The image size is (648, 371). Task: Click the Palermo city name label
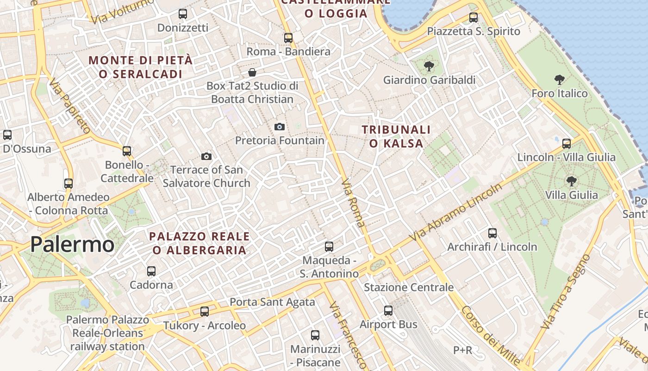(72, 244)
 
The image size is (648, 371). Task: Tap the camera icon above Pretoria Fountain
(280, 127)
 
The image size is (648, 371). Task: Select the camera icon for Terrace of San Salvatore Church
(206, 156)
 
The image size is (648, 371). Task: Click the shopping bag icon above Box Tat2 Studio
(252, 72)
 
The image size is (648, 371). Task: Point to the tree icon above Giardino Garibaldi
(429, 66)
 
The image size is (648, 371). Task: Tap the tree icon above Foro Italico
(559, 80)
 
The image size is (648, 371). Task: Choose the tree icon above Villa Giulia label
(572, 181)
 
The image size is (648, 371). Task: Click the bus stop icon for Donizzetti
(183, 14)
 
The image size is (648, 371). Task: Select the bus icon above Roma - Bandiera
(288, 38)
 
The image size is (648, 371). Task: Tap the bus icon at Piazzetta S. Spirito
(473, 18)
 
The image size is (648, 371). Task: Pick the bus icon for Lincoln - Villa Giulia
(567, 143)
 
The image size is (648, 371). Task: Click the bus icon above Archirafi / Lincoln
(492, 233)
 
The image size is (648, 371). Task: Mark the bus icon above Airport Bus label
(388, 311)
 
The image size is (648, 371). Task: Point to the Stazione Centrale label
(409, 288)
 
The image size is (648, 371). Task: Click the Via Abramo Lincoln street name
(456, 213)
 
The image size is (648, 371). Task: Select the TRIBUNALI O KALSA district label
(396, 136)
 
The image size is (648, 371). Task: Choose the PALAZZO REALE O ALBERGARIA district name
(199, 243)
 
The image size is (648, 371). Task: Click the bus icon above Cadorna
(151, 271)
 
